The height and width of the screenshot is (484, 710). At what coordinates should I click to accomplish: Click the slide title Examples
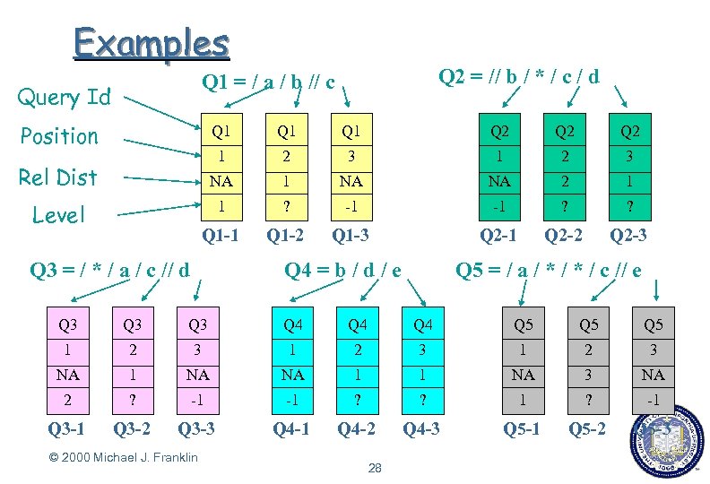tap(152, 43)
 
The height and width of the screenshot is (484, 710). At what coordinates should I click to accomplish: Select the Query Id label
tap(65, 97)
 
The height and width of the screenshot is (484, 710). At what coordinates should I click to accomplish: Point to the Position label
tap(59, 136)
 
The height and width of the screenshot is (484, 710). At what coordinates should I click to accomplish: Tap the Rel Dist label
tap(58, 177)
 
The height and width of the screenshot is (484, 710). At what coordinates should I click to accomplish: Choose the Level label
tap(58, 215)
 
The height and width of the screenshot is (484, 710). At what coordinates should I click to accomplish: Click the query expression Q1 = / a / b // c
tap(269, 83)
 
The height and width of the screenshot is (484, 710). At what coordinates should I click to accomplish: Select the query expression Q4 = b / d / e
tap(342, 269)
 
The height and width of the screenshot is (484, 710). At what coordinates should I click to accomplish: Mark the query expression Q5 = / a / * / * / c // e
tap(549, 269)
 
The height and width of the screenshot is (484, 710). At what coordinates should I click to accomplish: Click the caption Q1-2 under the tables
tap(285, 237)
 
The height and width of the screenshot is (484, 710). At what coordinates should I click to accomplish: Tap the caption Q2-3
tap(629, 237)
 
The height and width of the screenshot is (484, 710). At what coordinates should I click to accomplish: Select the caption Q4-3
tap(420, 428)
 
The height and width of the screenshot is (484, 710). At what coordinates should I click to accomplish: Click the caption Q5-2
tap(588, 428)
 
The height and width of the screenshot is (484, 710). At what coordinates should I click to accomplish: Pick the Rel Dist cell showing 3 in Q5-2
tap(588, 375)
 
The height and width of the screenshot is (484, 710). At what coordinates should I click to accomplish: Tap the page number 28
tap(375, 468)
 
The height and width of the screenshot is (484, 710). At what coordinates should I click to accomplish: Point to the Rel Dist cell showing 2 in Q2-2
tap(564, 181)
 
